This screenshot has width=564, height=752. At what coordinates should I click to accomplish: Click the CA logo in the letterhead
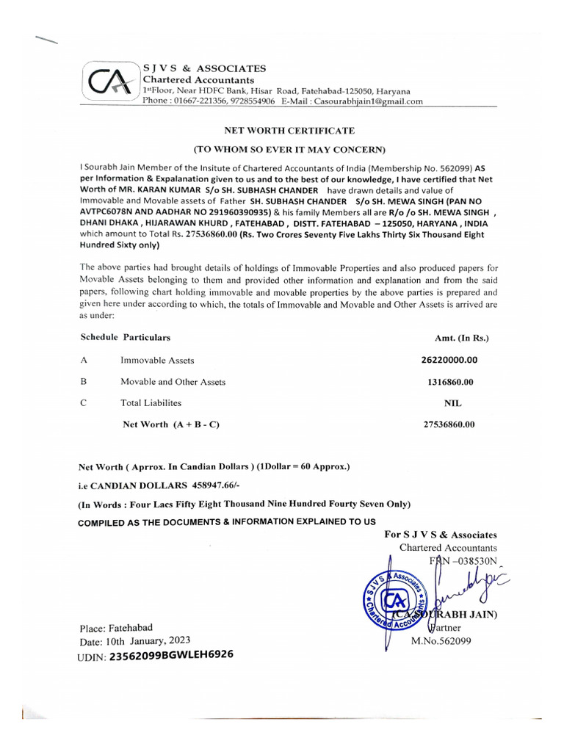109,82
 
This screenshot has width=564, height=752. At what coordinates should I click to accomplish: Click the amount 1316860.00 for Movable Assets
450,382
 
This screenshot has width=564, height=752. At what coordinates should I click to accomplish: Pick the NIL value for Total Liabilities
453,403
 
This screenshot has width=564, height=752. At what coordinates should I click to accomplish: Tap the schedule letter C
84,403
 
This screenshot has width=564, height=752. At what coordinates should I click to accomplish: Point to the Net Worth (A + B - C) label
171,424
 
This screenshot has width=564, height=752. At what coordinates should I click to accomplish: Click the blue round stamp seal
395,599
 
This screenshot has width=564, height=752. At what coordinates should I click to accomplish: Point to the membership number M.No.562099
441,640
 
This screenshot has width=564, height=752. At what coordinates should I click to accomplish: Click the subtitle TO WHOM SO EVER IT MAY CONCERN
289,150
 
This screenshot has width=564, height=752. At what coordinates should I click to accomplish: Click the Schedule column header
98,337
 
